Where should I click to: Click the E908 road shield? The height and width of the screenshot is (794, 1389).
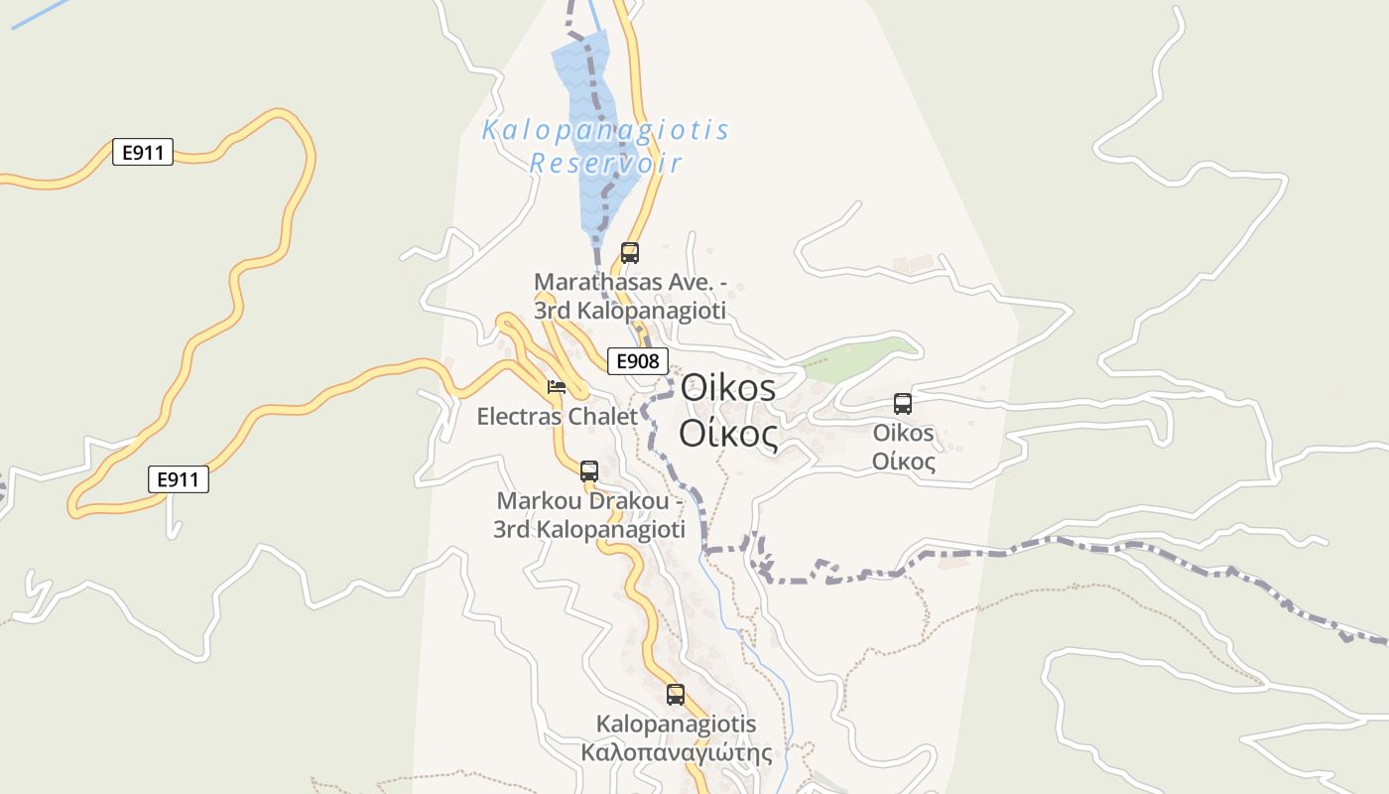(637, 361)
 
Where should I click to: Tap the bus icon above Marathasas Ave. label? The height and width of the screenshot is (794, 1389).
(630, 252)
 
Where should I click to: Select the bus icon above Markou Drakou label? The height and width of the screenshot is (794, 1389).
(589, 470)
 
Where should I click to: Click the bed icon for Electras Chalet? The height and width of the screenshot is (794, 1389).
(557, 386)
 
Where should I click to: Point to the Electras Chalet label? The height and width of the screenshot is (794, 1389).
(557, 416)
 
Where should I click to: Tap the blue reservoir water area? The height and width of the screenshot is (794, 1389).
(592, 109)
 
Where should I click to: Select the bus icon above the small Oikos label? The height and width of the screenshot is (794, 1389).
(903, 404)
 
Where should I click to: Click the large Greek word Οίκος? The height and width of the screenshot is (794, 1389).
(727, 434)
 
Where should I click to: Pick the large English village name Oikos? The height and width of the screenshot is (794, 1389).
(727, 387)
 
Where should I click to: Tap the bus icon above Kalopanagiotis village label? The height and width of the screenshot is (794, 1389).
(676, 695)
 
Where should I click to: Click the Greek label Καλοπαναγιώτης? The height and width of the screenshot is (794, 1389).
(677, 752)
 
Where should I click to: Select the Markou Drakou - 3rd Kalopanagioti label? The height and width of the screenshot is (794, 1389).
(589, 515)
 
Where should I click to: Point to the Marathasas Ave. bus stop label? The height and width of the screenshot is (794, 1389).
(630, 296)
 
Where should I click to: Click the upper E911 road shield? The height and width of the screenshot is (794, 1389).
(143, 153)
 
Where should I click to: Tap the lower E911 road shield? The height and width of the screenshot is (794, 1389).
(179, 480)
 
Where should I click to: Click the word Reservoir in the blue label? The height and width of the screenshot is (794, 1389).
(605, 163)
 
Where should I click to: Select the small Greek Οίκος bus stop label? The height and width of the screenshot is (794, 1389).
(903, 463)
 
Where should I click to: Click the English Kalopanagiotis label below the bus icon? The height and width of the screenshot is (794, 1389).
(677, 724)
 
